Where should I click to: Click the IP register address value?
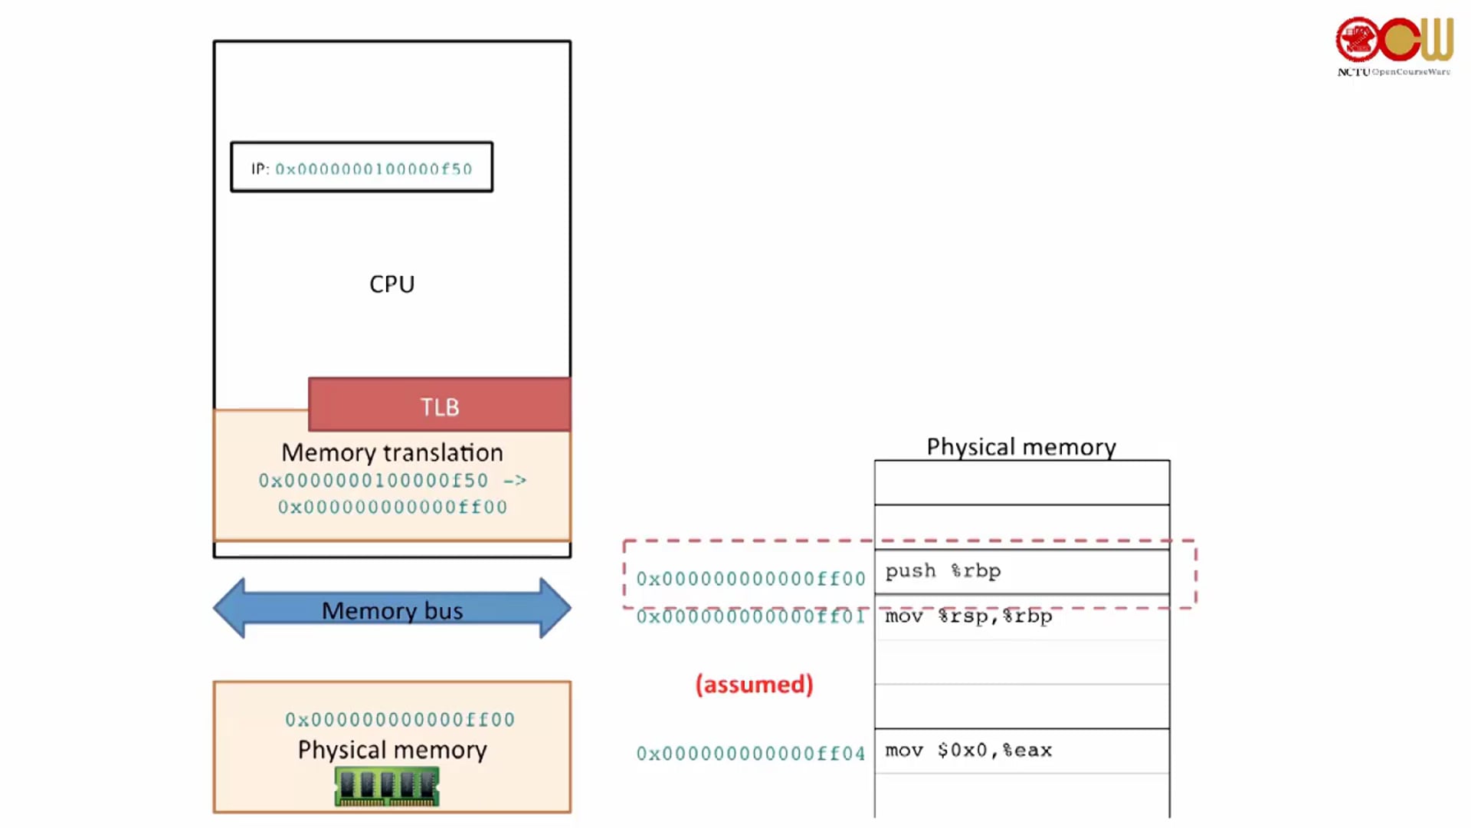pos(374,169)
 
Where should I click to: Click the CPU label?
pos(392,284)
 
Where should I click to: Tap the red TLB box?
pos(439,406)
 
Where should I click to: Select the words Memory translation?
pos(392,452)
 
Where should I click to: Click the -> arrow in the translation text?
pos(515,481)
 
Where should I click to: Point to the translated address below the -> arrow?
pos(392,508)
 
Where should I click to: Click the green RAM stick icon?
pos(387,787)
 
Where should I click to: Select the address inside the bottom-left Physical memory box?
pos(399,720)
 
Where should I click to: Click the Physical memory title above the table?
pos(1021,447)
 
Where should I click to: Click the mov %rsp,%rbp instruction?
pos(968,616)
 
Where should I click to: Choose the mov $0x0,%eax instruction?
pos(968,751)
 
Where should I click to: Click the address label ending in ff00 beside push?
pos(751,579)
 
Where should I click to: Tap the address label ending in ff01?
pos(751,617)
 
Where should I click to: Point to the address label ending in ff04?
pos(751,754)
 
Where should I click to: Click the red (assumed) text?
pos(754,684)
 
